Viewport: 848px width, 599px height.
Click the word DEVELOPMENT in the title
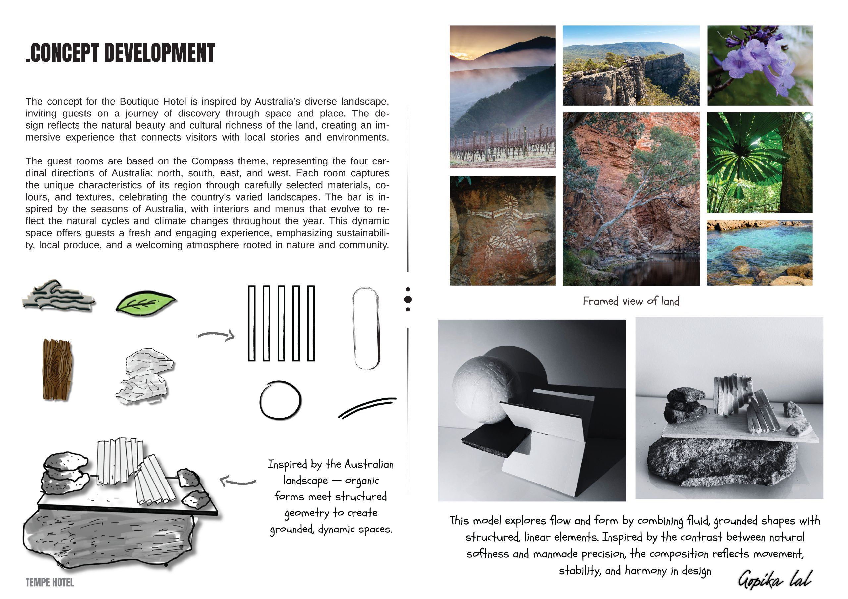(159, 53)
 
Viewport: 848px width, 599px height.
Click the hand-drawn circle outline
(280, 400)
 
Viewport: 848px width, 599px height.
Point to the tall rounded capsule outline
(366, 328)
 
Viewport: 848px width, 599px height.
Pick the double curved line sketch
(367, 408)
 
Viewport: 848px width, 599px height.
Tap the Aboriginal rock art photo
(502, 231)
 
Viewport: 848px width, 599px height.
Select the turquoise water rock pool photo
(759, 253)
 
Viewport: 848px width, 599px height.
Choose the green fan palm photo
(759, 162)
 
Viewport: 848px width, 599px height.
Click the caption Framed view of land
(631, 301)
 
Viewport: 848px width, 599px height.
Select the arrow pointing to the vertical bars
(216, 335)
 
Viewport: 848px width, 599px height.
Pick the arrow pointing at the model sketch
(238, 481)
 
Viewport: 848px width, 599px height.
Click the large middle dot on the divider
(408, 299)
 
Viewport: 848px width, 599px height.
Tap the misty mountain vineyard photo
(502, 97)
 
